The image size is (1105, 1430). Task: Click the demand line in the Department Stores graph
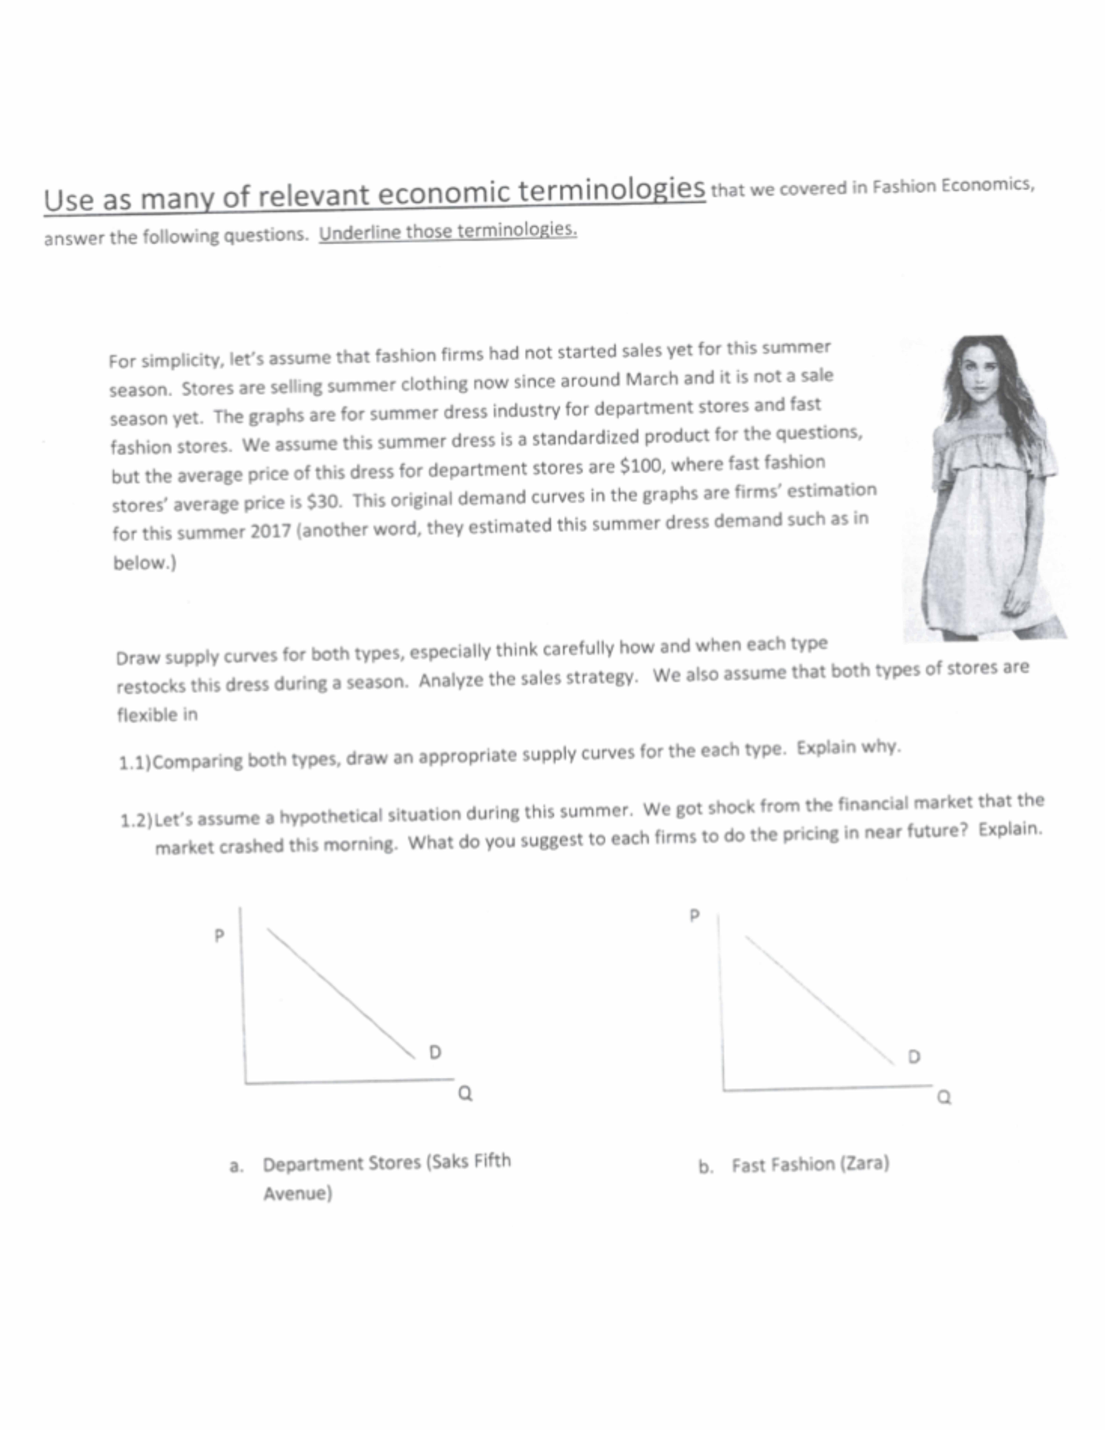[x=340, y=992]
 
